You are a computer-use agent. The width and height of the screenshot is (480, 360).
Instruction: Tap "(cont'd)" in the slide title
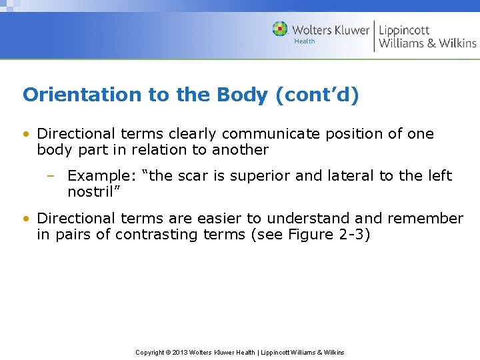pos(317,95)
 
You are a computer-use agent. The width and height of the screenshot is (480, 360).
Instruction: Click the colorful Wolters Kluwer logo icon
pos(280,29)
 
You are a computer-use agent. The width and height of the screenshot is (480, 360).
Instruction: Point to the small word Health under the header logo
pos(305,41)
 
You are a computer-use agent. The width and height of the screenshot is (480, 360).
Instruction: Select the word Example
pos(99,176)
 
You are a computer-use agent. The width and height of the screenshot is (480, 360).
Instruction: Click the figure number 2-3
pos(352,235)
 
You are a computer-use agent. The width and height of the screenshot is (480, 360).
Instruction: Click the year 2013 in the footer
pos(179,352)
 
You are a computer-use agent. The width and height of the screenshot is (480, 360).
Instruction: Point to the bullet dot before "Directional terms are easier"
pos(26,219)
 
